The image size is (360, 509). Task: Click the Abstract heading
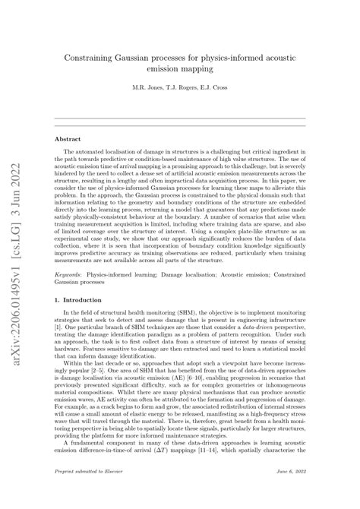click(68, 139)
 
